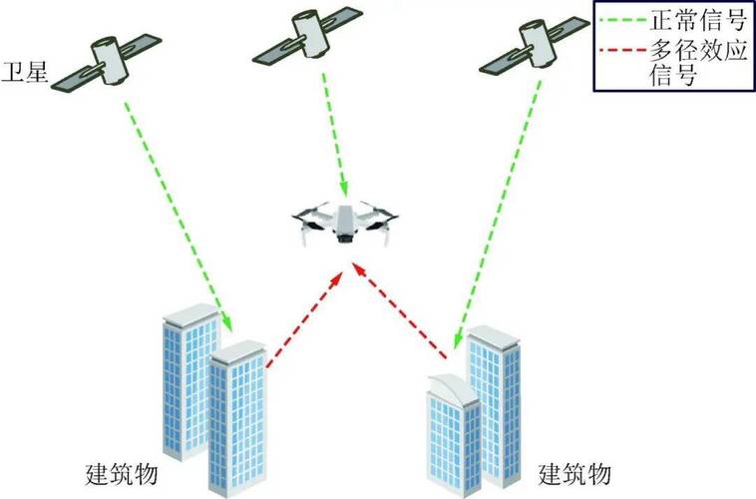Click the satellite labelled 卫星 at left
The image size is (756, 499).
click(107, 62)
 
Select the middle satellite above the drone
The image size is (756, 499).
click(307, 35)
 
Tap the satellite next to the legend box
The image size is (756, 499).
click(535, 45)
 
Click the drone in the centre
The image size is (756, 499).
click(345, 223)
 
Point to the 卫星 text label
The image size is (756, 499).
click(25, 72)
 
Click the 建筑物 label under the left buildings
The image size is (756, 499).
click(122, 474)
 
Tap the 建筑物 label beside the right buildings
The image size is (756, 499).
click(574, 474)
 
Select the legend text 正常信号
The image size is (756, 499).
click(698, 20)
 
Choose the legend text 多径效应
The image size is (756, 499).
click(698, 49)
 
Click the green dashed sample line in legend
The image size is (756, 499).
click(623, 21)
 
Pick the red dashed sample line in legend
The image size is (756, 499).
click(623, 50)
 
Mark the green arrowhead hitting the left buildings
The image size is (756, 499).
click(227, 322)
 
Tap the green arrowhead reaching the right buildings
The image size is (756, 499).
click(458, 337)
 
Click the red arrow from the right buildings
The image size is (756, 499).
click(400, 310)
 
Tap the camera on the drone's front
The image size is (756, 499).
click(344, 239)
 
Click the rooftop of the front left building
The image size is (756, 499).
click(238, 351)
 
